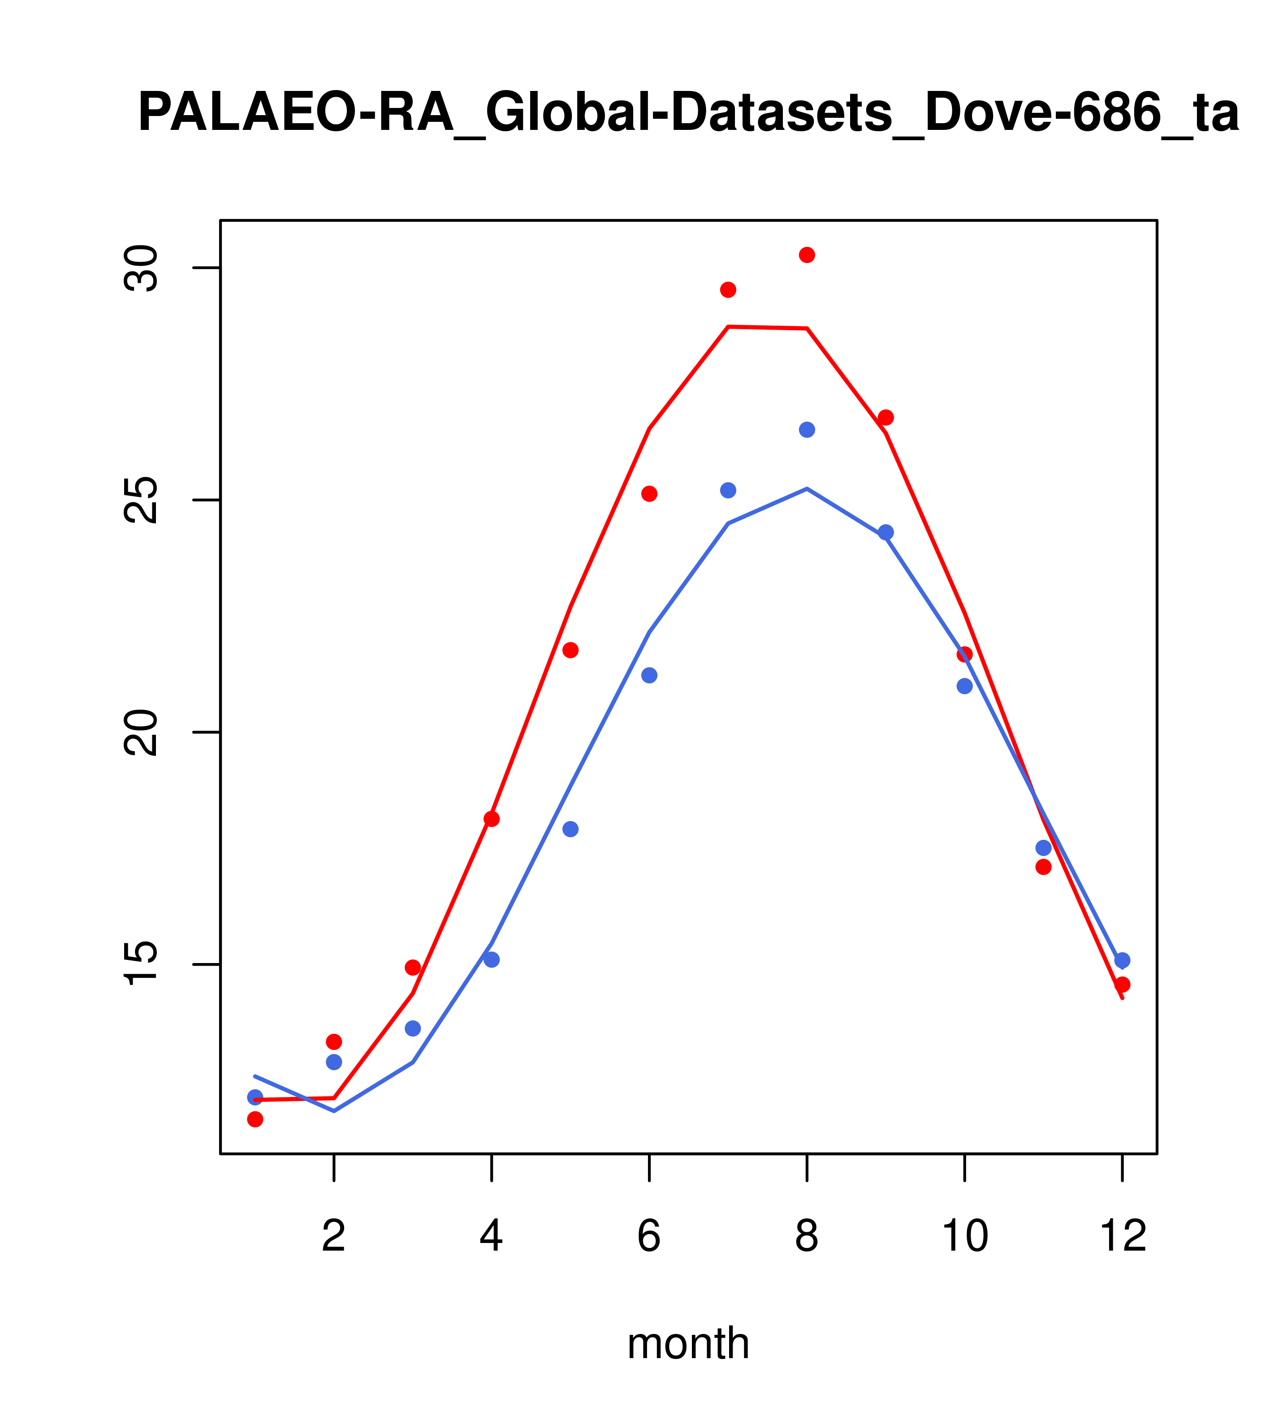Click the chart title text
click(688, 113)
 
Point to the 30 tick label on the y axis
click(140, 268)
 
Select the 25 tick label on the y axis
click(140, 500)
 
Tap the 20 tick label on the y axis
click(140, 732)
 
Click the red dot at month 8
click(807, 255)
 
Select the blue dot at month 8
click(807, 430)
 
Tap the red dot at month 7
click(728, 290)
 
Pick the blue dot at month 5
click(570, 829)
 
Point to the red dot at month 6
click(649, 494)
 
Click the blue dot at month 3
click(413, 1028)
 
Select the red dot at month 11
click(1044, 867)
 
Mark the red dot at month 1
click(255, 1119)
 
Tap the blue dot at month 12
click(1123, 961)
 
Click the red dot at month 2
click(334, 1041)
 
